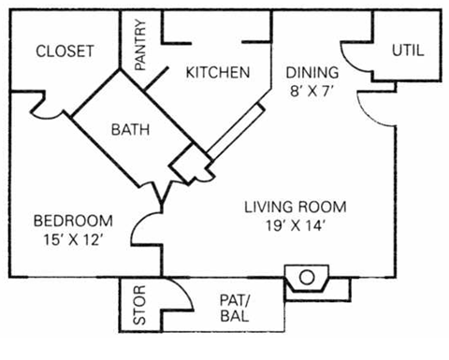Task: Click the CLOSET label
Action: [x=65, y=51]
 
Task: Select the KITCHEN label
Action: [x=216, y=72]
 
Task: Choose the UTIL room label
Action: [x=407, y=51]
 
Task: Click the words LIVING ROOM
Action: [x=296, y=207]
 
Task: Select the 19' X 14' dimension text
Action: [x=296, y=224]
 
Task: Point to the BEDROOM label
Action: [x=73, y=221]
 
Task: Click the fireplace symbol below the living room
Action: [x=305, y=278]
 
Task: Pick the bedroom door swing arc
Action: [x=145, y=229]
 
